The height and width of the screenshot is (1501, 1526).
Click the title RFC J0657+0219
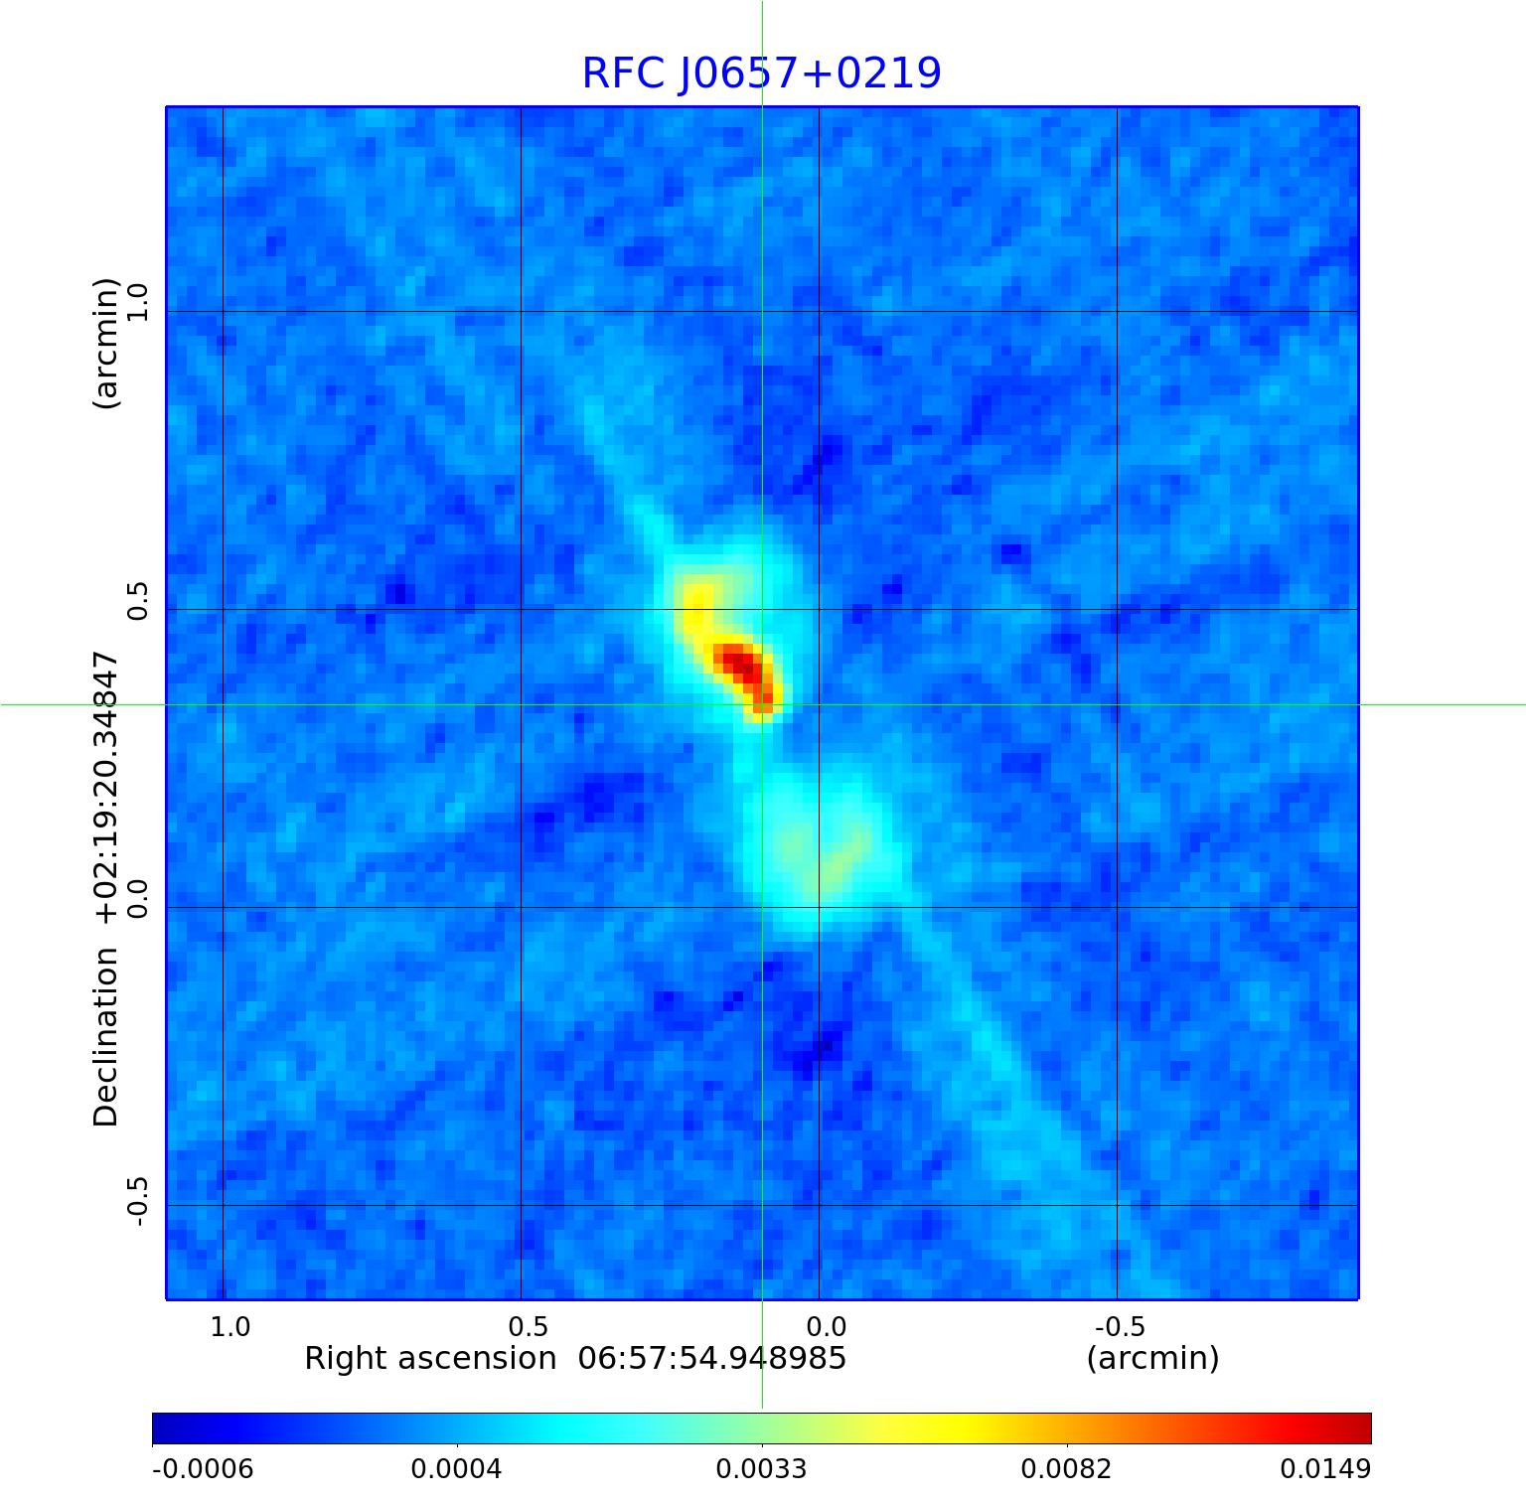point(761,74)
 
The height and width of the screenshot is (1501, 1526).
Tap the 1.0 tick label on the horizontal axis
point(230,1327)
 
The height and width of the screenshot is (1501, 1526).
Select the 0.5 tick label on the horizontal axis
point(529,1327)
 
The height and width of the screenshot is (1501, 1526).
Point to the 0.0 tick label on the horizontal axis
point(827,1327)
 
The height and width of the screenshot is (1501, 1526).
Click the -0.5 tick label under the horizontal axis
point(1120,1327)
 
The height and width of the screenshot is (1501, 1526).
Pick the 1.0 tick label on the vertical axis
point(136,302)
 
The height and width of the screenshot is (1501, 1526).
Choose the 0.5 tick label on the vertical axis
point(136,600)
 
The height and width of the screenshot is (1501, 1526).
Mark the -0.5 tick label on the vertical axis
point(136,1201)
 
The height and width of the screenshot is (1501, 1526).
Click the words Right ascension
point(430,1359)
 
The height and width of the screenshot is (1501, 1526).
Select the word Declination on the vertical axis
point(106,1036)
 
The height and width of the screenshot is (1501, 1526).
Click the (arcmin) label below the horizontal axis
point(1152,1358)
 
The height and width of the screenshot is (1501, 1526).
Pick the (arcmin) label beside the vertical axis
point(106,343)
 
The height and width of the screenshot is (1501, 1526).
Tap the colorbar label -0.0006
point(203,1469)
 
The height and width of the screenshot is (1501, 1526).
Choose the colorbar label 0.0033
point(762,1469)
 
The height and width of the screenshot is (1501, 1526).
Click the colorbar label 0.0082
point(1067,1469)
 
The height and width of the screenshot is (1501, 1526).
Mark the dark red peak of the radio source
point(740,665)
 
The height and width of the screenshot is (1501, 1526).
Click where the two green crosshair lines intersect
point(762,704)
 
